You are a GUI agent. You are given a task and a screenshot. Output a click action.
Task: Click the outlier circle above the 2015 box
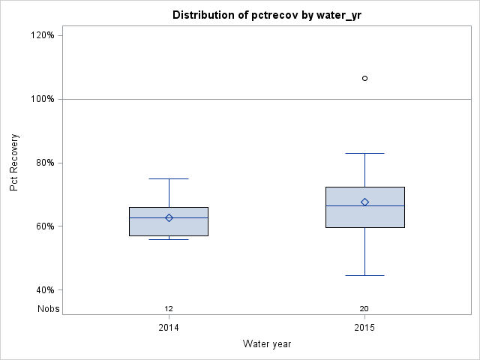(365, 78)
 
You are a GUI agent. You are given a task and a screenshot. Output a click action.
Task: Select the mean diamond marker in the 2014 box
(169, 218)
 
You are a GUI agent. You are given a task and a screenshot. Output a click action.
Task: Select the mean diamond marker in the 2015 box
(365, 202)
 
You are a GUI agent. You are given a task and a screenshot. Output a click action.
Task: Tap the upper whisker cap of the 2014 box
(169, 178)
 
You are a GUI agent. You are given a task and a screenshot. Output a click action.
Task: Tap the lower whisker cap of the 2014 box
(169, 239)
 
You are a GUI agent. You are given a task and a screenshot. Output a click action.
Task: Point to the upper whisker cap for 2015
(365, 153)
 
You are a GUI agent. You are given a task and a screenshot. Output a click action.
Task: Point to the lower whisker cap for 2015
(365, 275)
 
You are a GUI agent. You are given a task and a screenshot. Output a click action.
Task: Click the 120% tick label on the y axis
(42, 35)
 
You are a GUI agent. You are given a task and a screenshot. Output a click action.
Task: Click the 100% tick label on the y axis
(42, 99)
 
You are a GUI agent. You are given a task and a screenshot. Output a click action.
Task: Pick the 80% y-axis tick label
(44, 163)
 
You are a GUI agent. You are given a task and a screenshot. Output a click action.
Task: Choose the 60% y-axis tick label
(44, 226)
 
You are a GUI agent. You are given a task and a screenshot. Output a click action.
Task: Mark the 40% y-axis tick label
(44, 290)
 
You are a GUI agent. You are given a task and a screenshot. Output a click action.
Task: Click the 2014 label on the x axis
(169, 328)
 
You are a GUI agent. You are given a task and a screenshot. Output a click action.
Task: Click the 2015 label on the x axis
(365, 328)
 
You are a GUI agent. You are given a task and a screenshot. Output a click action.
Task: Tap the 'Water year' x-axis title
(267, 344)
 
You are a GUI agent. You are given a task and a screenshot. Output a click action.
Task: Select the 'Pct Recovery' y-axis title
(14, 163)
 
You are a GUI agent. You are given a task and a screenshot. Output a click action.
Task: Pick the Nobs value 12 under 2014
(169, 308)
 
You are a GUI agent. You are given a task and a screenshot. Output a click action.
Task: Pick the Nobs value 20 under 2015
(364, 308)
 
